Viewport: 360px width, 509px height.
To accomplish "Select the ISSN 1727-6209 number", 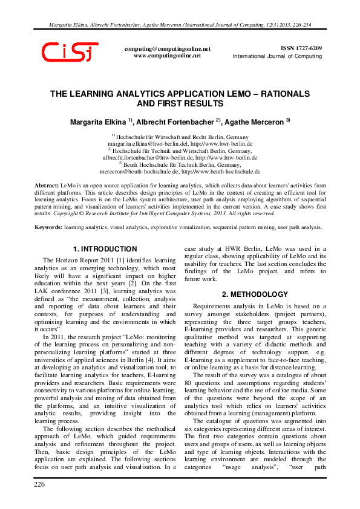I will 301,48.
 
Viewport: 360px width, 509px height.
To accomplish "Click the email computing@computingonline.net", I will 167,48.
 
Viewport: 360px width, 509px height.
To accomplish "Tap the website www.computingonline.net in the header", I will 167,55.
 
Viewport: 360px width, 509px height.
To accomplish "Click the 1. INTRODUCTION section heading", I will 104,249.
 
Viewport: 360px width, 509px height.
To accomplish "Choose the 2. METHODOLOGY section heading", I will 254,294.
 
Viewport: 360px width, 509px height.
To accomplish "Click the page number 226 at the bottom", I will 40,485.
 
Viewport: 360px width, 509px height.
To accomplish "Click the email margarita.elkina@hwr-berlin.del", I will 151,144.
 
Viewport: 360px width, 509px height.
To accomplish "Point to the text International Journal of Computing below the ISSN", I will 277,56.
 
